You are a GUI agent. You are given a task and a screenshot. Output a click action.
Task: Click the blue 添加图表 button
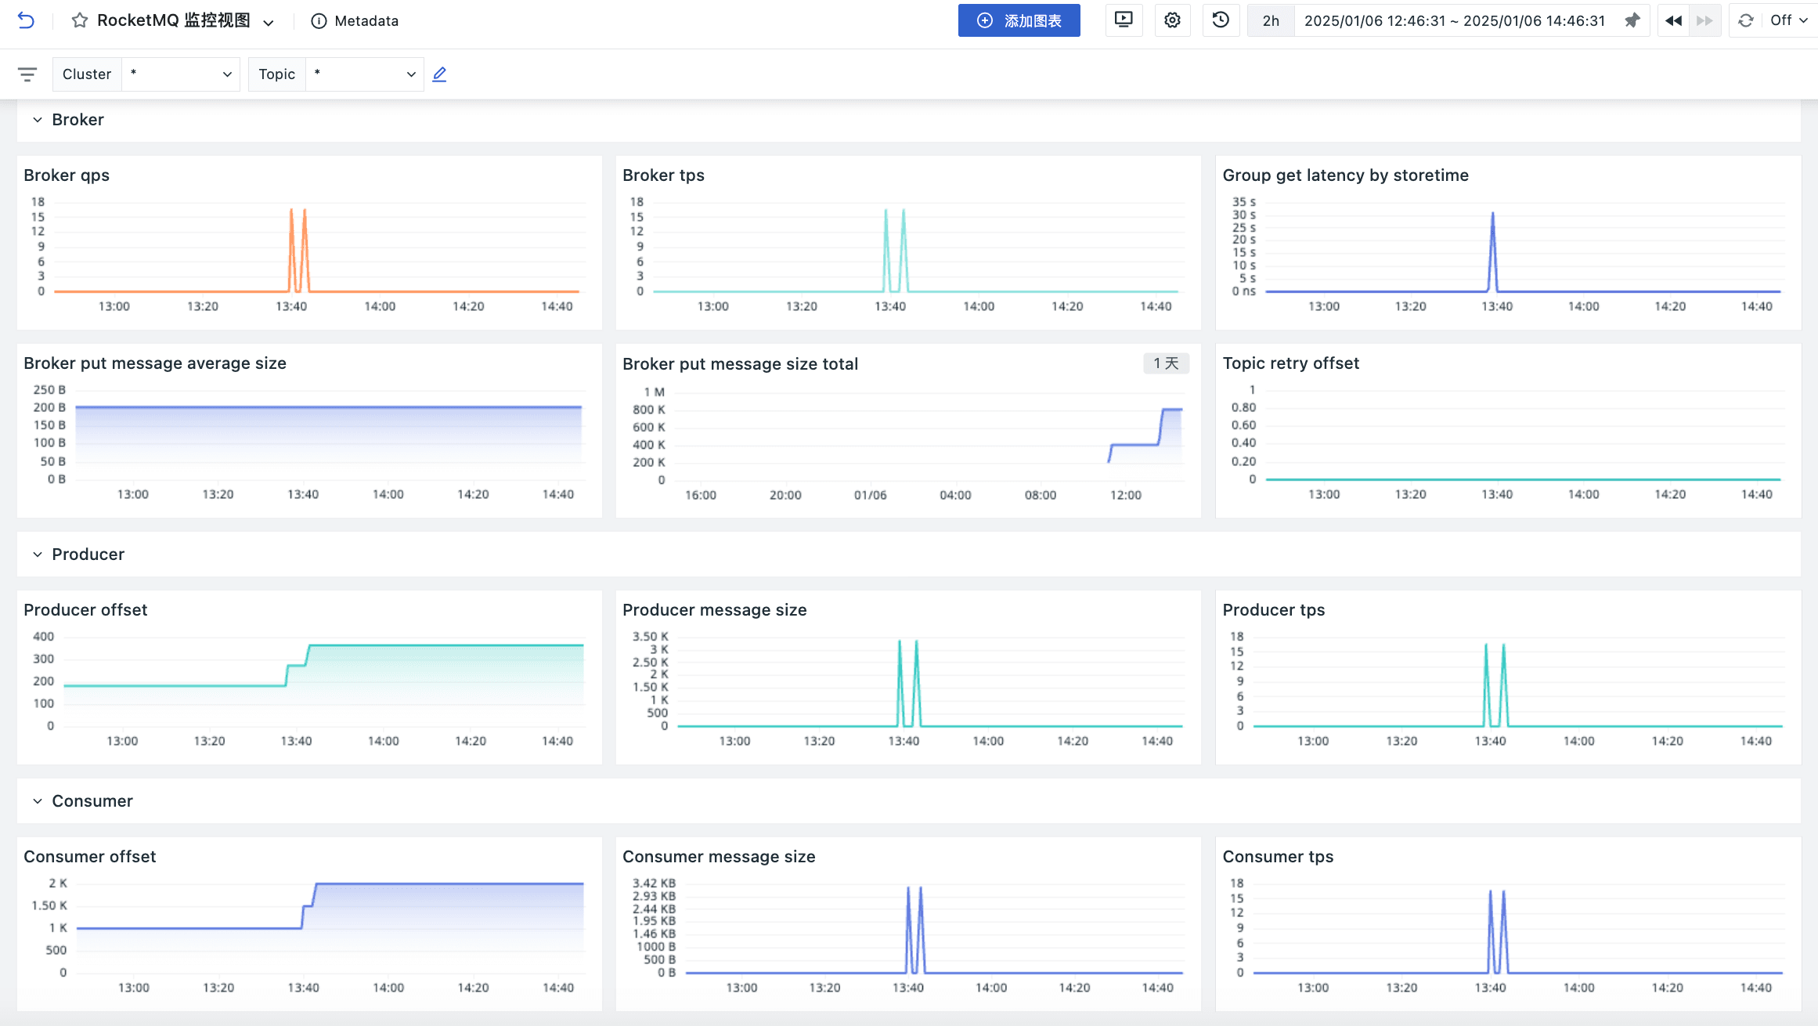1019,20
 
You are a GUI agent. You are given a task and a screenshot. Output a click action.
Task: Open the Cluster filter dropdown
181,74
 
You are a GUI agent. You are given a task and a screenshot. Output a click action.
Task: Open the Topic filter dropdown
363,74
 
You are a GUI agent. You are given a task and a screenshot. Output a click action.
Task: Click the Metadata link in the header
355,21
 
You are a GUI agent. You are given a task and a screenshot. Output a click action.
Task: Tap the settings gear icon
1171,20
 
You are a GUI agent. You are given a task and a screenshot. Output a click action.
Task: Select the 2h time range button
1270,21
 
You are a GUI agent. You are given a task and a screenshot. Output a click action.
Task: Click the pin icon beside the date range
1632,21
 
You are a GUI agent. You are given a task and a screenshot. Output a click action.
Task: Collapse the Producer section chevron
37,555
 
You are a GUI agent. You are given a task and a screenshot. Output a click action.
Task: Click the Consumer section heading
92,801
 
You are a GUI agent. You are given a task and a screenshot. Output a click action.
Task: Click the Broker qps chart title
67,175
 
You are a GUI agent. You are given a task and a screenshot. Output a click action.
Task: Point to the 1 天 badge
1165,363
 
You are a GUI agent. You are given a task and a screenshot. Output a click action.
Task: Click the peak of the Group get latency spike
1492,213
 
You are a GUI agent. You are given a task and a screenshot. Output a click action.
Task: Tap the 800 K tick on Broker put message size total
648,410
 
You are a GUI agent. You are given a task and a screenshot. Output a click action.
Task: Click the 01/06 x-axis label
870,495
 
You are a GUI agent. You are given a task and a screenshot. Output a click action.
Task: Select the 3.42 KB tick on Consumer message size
654,883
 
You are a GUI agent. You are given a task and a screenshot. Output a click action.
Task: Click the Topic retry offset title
1290,363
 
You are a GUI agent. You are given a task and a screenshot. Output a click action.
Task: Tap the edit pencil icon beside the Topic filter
439,74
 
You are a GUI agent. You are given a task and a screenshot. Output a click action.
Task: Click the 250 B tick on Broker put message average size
49,390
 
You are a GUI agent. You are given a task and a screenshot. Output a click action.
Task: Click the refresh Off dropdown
1787,21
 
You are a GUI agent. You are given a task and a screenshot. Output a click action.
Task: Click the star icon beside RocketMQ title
79,21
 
